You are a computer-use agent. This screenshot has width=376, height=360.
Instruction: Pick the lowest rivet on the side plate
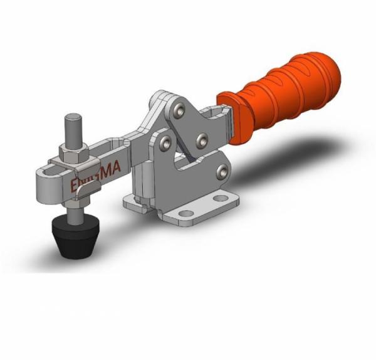221,169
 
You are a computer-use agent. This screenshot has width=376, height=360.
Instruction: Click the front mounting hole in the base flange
187,213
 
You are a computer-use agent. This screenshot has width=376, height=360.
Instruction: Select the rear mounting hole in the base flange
221,198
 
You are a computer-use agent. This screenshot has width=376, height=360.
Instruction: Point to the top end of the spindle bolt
74,118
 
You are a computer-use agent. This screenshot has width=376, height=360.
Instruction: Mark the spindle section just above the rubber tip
74,213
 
